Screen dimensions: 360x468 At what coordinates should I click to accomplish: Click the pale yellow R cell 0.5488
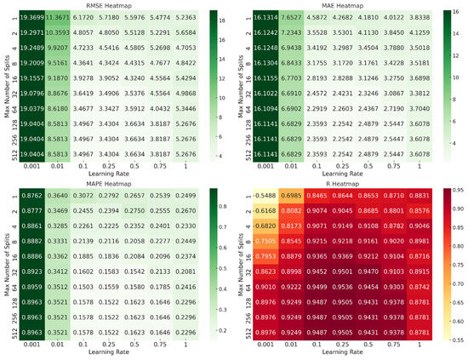click(268, 195)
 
